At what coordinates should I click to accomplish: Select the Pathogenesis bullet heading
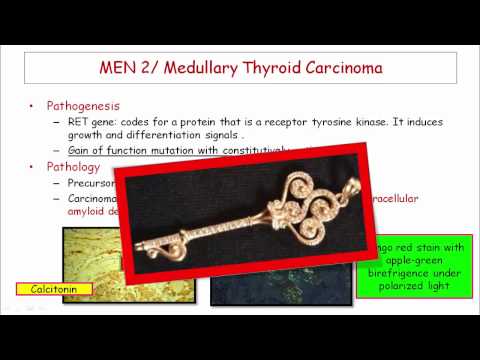click(89, 105)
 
